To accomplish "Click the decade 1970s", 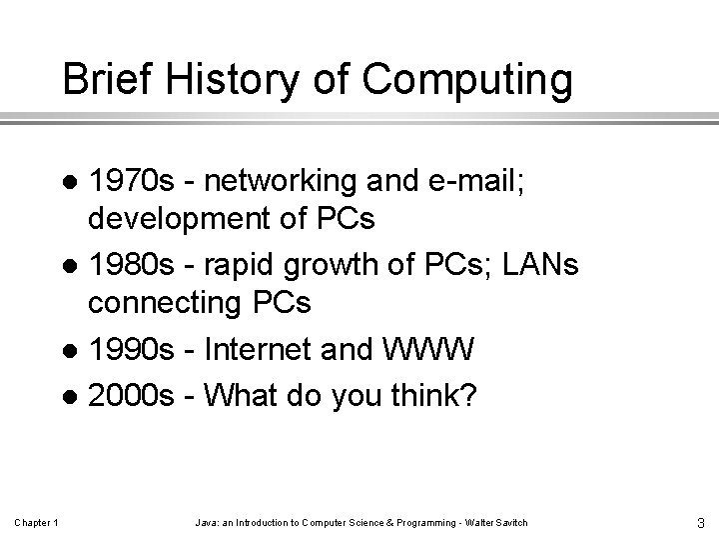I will pyautogui.click(x=130, y=183).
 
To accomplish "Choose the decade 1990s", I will pyautogui.click(x=130, y=351).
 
